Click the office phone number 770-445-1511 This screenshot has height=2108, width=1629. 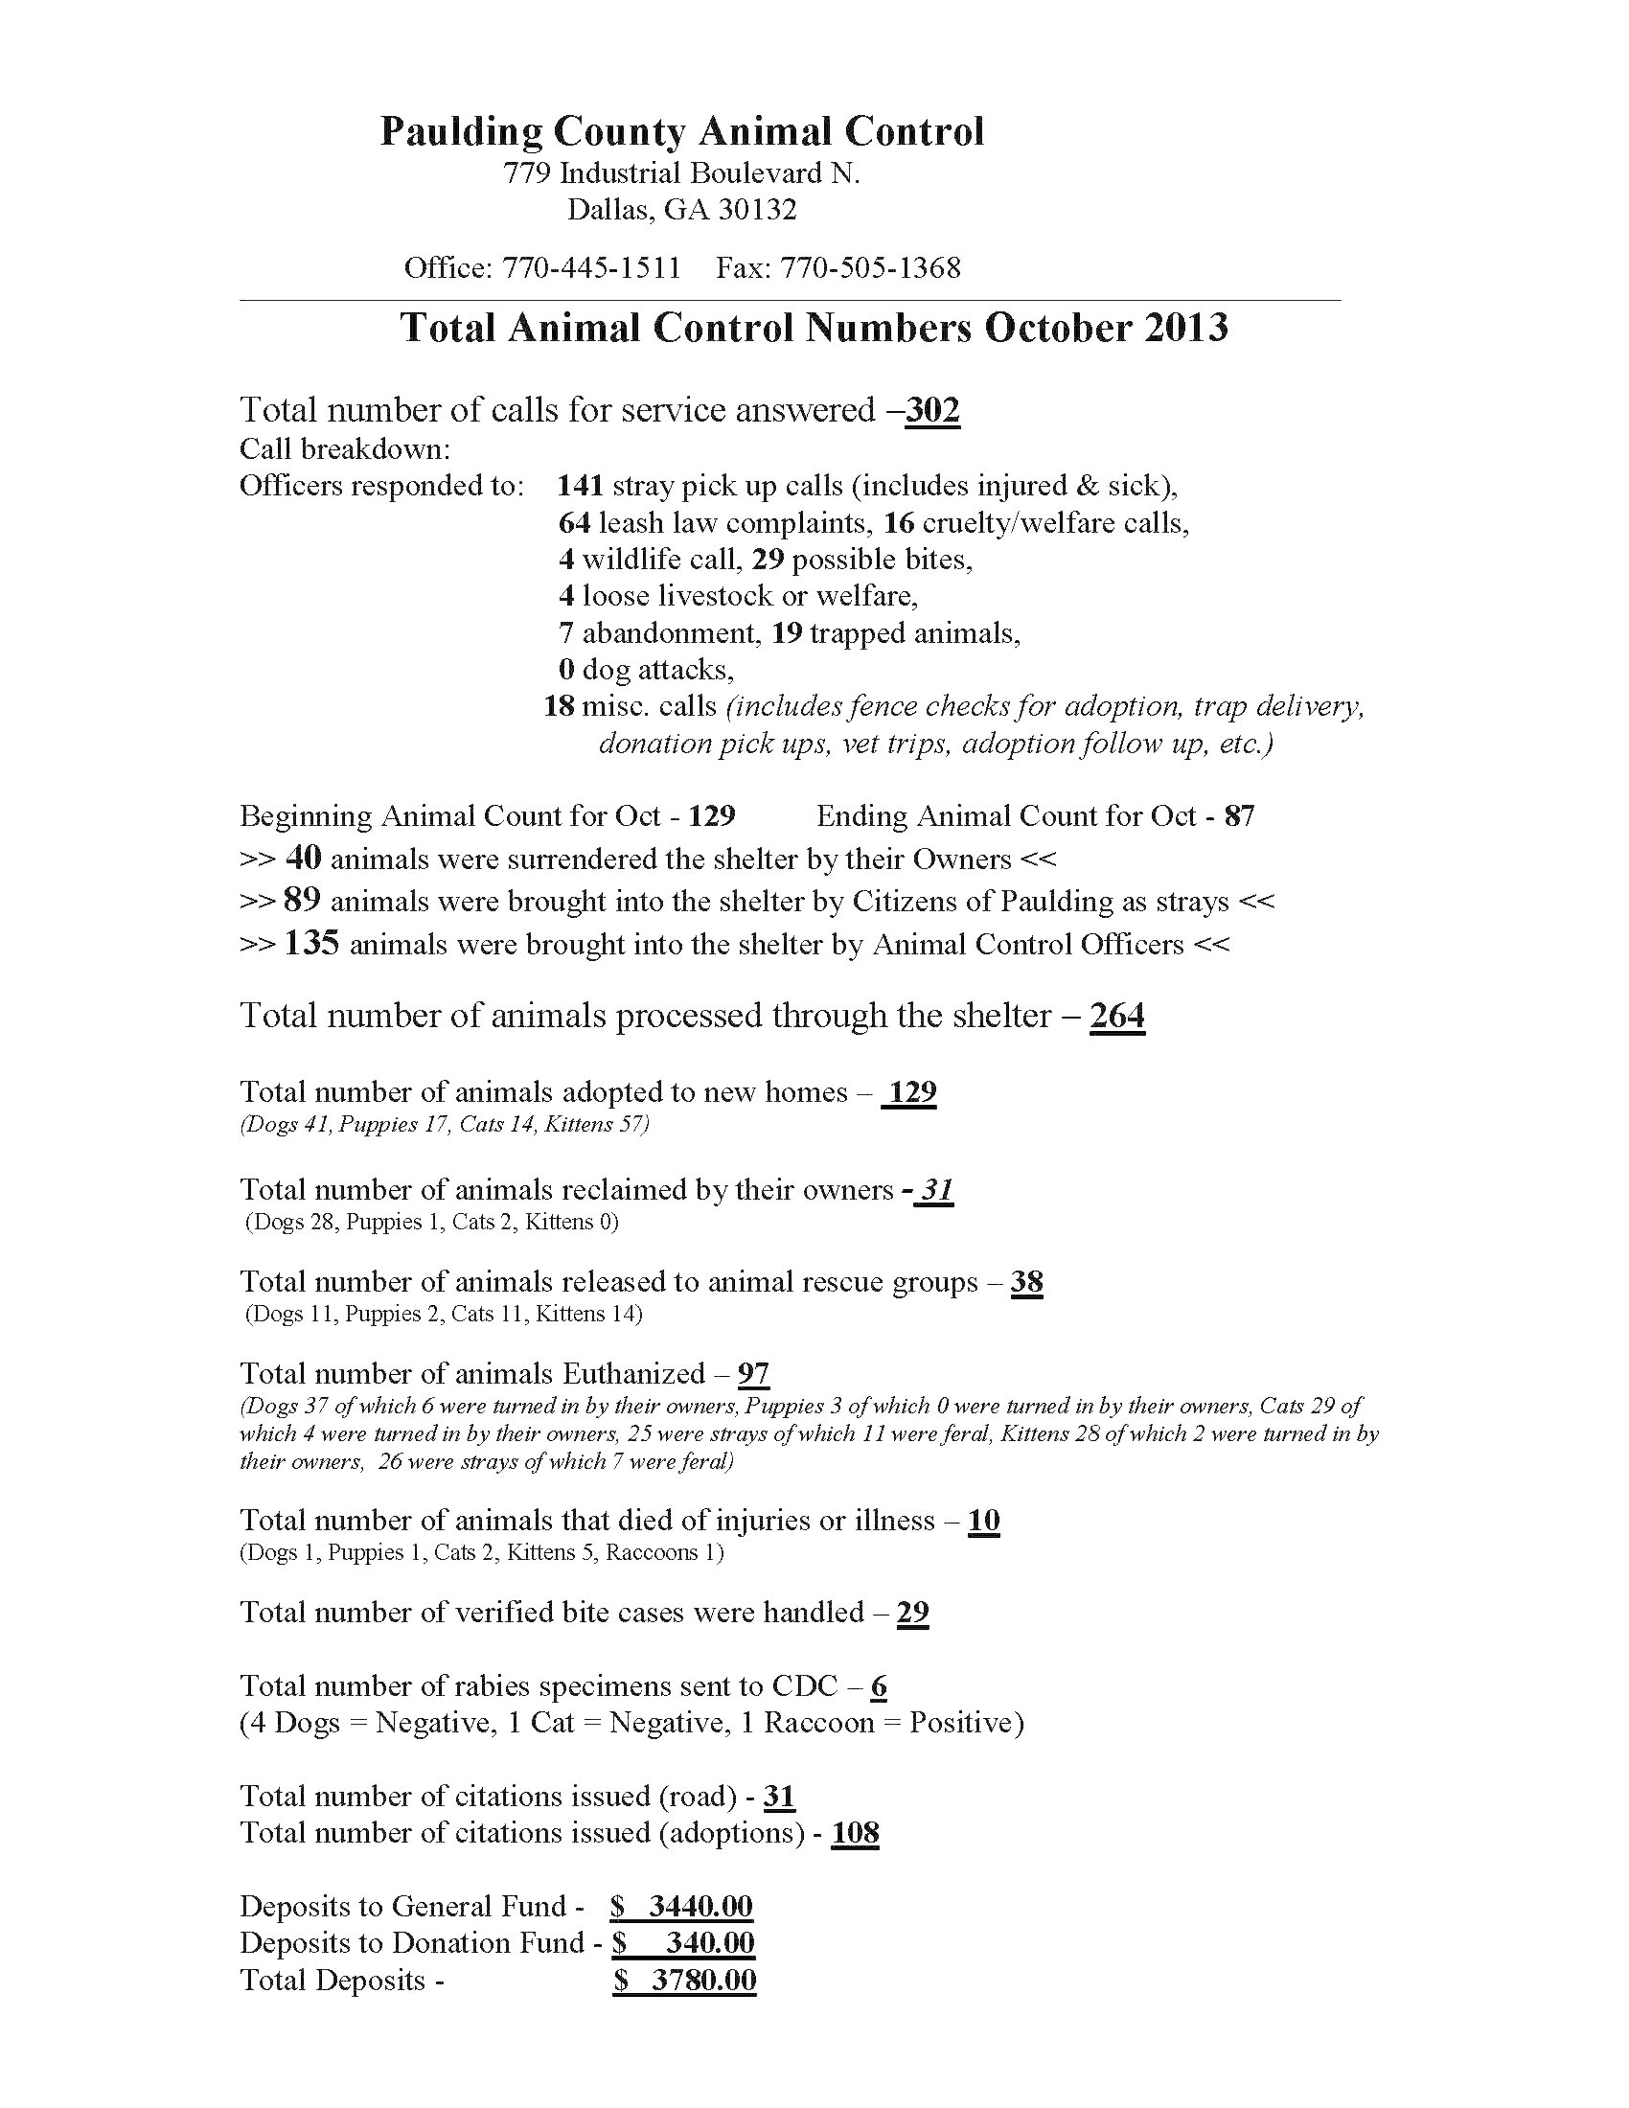[590, 267]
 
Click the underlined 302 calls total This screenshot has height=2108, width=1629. [932, 410]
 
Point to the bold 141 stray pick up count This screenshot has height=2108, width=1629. [580, 486]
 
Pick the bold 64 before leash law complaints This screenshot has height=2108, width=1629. [574, 523]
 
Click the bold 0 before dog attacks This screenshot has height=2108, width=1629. [566, 670]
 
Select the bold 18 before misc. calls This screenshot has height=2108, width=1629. [560, 706]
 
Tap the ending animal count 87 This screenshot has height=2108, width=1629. [1239, 816]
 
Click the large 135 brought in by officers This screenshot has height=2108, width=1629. [311, 943]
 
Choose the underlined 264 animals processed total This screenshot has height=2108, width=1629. [1117, 1016]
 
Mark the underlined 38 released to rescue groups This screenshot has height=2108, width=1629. [1027, 1282]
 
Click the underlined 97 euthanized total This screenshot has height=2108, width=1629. [754, 1373]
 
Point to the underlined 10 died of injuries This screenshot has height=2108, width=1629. [983, 1521]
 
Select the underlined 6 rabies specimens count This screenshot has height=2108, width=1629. [878, 1686]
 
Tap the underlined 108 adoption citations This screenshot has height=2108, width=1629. [855, 1833]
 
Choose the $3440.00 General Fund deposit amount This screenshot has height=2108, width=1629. [682, 1906]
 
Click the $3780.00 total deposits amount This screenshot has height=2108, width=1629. [685, 1980]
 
